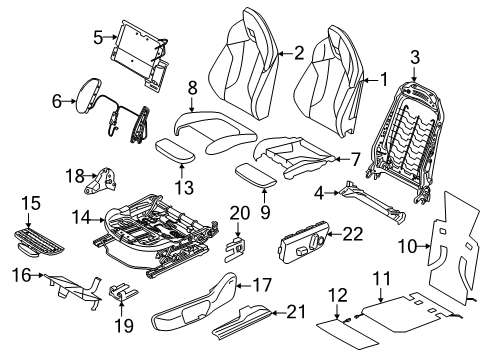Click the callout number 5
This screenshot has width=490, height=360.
[x=98, y=37]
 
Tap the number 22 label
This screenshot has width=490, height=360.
[x=352, y=234]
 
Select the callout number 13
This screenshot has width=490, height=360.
[x=184, y=188]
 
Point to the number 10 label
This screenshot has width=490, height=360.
[x=407, y=247]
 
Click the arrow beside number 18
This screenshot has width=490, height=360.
[x=91, y=175]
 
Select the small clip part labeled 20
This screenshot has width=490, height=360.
[x=235, y=248]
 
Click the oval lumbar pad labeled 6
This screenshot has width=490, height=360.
[x=88, y=96]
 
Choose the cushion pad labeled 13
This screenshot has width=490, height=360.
[x=175, y=151]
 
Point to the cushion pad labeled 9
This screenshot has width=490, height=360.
[x=256, y=175]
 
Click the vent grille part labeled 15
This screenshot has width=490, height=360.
[x=38, y=242]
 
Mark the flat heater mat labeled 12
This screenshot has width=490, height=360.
[x=347, y=335]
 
